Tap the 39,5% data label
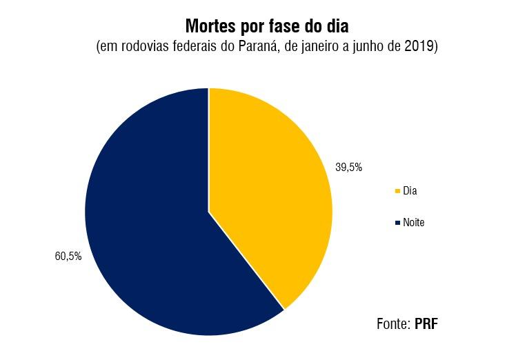coord(349,167)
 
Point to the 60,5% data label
coord(68,256)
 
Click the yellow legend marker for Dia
coord(397,191)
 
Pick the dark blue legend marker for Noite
coord(397,223)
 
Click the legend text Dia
coord(410,191)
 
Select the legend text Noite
coord(414,223)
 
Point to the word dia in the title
coord(338,26)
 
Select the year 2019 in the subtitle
coord(420,48)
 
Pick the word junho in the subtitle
coord(366,48)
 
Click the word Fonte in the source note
coord(393,323)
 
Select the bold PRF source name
coord(426,323)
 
